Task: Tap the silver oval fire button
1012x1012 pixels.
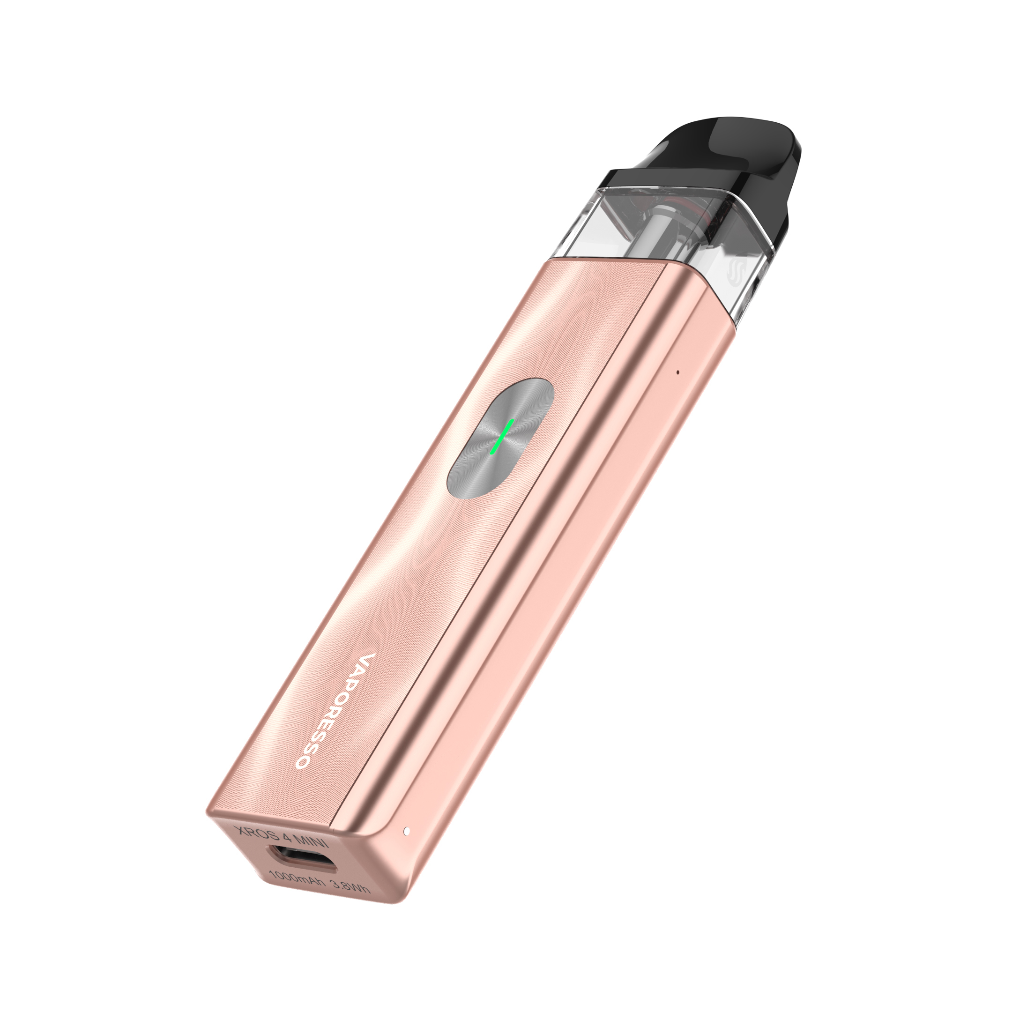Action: pyautogui.click(x=500, y=438)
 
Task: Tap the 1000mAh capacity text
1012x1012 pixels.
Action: pyautogui.click(x=293, y=880)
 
